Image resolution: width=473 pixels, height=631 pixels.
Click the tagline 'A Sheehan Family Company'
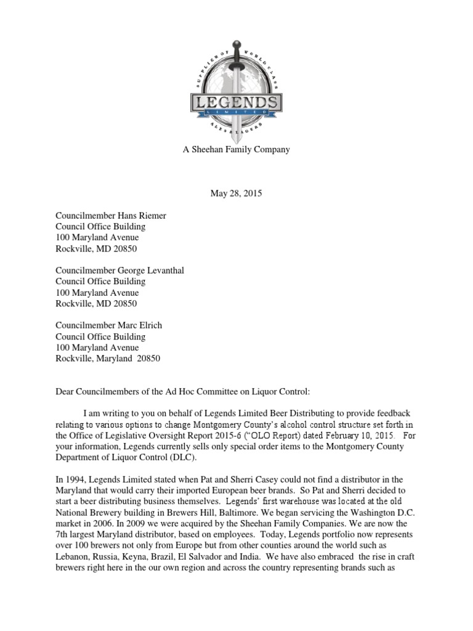[236, 149]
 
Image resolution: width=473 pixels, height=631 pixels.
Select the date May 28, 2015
[236, 193]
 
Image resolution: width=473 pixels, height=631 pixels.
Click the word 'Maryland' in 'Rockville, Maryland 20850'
[117, 359]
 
